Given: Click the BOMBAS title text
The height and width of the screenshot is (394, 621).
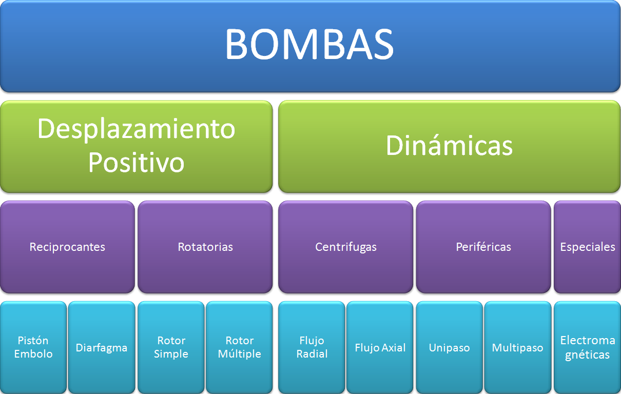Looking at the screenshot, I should [309, 45].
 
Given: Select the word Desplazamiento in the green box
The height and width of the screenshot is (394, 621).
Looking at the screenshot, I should [136, 129].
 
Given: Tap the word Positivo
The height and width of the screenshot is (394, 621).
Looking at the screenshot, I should [136, 162].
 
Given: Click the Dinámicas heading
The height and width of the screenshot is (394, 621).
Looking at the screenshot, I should [449, 146].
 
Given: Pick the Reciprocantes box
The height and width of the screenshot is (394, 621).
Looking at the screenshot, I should [67, 247].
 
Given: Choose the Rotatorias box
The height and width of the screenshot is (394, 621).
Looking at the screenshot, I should [205, 247].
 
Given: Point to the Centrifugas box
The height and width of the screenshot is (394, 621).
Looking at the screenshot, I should [346, 247].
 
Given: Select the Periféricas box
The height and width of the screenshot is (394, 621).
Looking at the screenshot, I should [483, 247].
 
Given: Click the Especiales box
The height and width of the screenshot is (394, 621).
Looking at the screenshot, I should [587, 247].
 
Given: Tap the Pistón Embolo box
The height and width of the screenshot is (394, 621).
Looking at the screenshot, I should [33, 347].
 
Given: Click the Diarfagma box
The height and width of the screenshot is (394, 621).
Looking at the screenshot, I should [102, 347].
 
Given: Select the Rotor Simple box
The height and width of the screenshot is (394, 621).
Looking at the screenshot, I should [171, 347].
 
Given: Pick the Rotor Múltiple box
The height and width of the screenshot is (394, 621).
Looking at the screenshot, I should [239, 347].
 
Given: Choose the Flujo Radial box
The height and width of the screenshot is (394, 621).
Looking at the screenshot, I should [312, 347].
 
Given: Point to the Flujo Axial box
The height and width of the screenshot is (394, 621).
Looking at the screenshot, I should [380, 347].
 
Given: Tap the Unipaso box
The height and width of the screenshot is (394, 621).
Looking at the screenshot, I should [449, 347].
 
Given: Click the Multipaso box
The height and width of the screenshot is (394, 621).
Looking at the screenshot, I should [517, 347].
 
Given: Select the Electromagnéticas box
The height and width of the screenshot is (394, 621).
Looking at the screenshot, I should [587, 347].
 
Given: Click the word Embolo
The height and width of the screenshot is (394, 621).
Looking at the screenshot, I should [33, 354].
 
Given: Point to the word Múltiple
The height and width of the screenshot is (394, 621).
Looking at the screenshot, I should [239, 354].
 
